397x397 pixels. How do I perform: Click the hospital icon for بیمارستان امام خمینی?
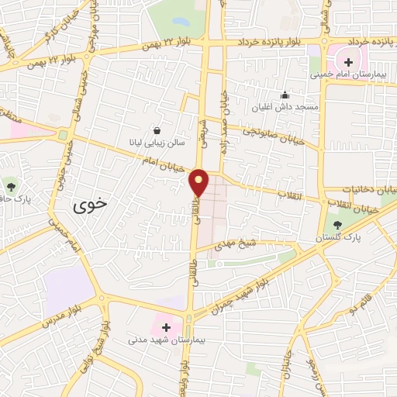[x=347, y=62]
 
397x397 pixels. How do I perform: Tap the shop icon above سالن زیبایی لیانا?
[x=157, y=131]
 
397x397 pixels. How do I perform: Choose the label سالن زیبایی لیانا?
[x=157, y=143]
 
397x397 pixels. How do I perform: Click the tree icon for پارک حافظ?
[x=11, y=186]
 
